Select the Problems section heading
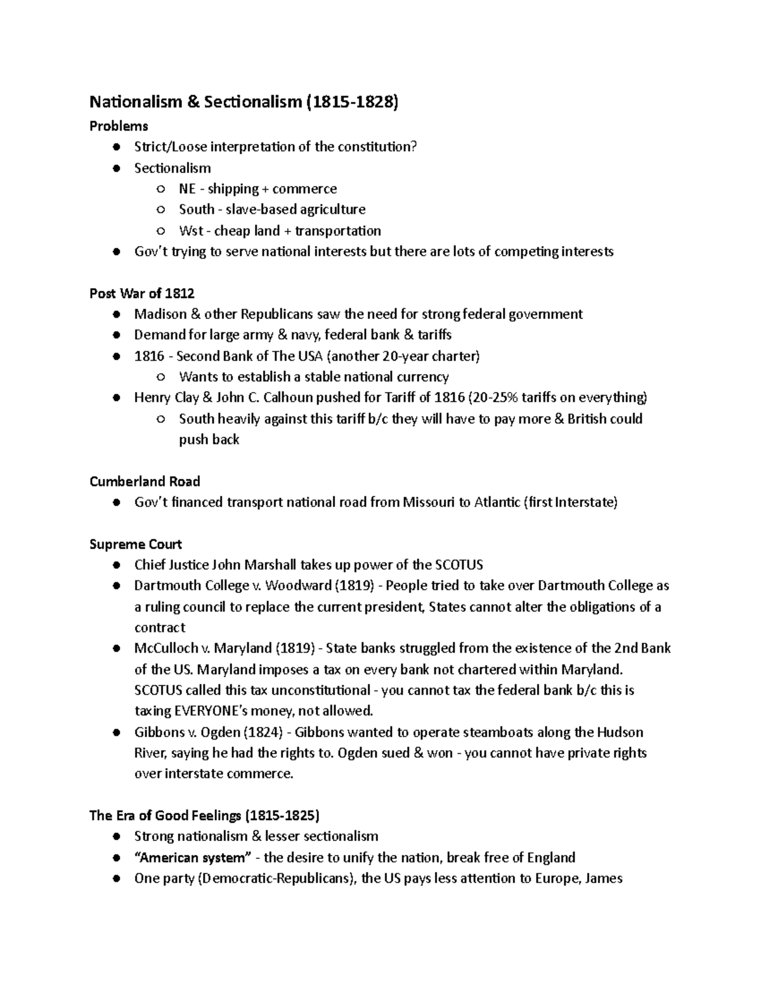point(119,126)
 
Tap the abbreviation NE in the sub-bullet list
point(188,188)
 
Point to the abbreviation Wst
point(191,230)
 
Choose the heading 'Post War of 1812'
point(142,293)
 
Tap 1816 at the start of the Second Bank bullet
point(149,356)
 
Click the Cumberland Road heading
point(145,481)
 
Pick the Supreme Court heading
point(136,544)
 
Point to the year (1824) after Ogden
point(262,732)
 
